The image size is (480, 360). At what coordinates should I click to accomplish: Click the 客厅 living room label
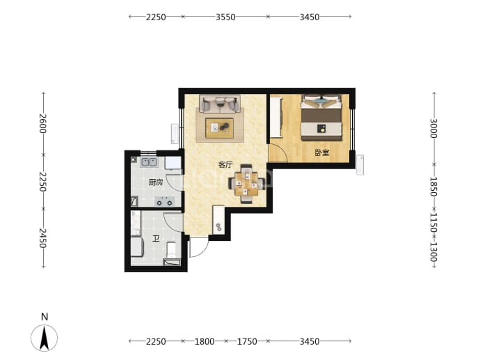tap(225, 165)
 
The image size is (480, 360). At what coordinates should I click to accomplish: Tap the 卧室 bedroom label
tap(322, 152)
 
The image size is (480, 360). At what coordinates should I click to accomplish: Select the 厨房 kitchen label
tap(156, 182)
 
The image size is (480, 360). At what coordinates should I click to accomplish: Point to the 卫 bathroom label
tap(156, 238)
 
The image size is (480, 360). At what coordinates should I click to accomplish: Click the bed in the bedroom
tap(321, 118)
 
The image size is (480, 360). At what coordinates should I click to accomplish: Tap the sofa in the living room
tap(220, 104)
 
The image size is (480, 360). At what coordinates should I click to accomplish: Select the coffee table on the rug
tap(219, 127)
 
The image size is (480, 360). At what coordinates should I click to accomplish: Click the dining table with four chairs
tap(246, 184)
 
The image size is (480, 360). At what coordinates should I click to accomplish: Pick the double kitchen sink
tap(149, 162)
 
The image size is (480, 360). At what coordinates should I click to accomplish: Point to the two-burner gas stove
tap(164, 202)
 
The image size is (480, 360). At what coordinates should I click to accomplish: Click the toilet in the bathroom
tap(171, 250)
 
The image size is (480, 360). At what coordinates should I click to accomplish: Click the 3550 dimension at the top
tap(225, 17)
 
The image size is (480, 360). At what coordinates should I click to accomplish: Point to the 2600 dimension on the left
tap(43, 123)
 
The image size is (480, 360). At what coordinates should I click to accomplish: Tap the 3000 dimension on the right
tap(434, 128)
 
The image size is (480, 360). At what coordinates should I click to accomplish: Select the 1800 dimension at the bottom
tap(205, 341)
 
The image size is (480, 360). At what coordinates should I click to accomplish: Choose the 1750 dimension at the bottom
tap(247, 341)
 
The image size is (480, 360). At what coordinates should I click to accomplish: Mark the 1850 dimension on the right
tap(434, 187)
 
